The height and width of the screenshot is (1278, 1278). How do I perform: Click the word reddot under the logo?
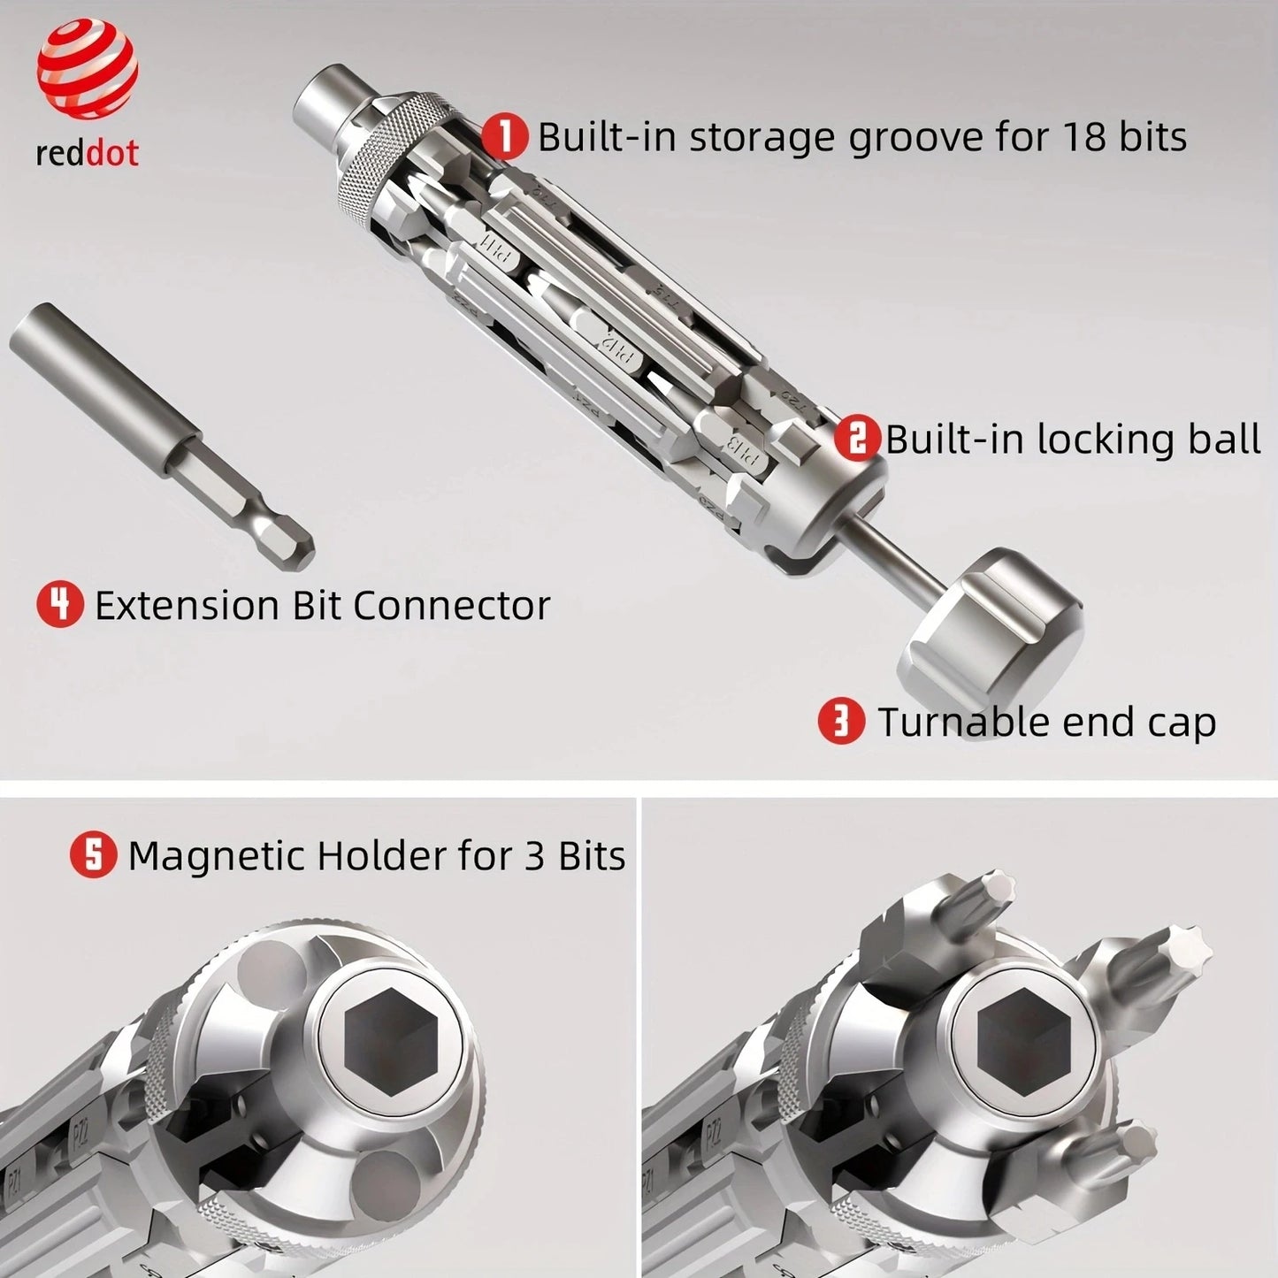pos(87,153)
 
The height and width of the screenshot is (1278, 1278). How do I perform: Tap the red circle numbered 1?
pos(505,137)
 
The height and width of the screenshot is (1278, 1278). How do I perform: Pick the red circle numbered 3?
pos(840,722)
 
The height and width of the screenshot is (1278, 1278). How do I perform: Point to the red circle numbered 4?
pos(59,605)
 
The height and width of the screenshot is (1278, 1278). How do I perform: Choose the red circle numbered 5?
pos(93,855)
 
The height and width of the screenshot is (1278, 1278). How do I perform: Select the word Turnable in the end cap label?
pos(961,722)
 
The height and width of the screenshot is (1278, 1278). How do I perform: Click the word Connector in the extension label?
pos(451,605)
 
